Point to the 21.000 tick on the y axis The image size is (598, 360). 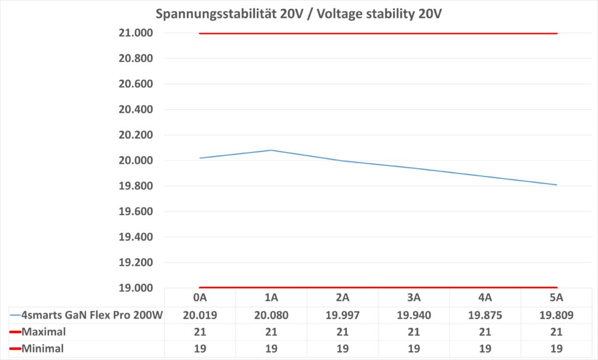click(136, 33)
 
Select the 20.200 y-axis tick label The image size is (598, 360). click(136, 135)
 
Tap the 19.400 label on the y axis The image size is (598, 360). click(136, 237)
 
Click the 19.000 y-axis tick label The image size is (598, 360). click(136, 288)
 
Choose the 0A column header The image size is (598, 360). click(200, 298)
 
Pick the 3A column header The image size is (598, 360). click(414, 298)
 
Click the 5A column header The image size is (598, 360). click(557, 298)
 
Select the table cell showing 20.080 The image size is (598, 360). click(272, 316)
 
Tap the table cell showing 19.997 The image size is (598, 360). click(343, 316)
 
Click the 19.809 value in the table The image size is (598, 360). click(557, 316)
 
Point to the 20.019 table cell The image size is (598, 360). click(200, 316)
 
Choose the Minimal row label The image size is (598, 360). click(41, 349)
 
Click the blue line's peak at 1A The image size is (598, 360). click(272, 150)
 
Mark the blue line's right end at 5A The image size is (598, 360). click(557, 185)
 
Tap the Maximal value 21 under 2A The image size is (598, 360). click(343, 333)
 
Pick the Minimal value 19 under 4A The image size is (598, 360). click(485, 349)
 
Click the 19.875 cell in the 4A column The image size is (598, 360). click(485, 316)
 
